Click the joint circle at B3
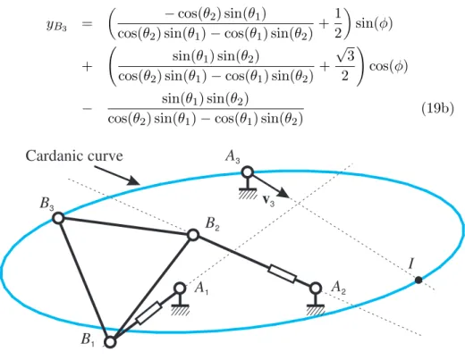(58, 218)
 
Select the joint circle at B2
(193, 235)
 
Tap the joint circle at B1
(110, 342)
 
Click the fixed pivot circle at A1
(180, 288)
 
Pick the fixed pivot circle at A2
(316, 289)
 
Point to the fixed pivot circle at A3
(247, 172)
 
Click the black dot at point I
(418, 280)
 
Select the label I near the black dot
(411, 264)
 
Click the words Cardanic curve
(74, 155)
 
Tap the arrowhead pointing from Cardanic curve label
(133, 180)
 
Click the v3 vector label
(268, 200)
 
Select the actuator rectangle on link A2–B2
(283, 273)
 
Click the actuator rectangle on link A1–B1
(148, 313)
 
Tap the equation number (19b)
(437, 109)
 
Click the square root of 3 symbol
(345, 55)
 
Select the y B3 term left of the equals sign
(56, 25)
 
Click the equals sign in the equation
(87, 23)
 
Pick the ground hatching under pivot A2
(316, 311)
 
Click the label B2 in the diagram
(213, 223)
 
